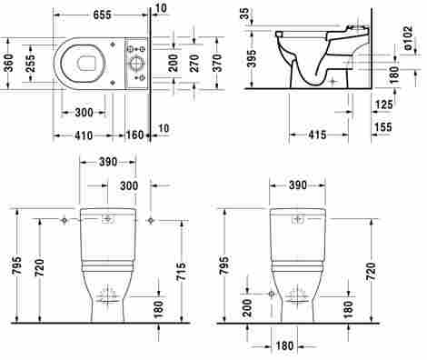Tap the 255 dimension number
[x=30, y=63]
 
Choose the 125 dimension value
[x=383, y=105]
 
